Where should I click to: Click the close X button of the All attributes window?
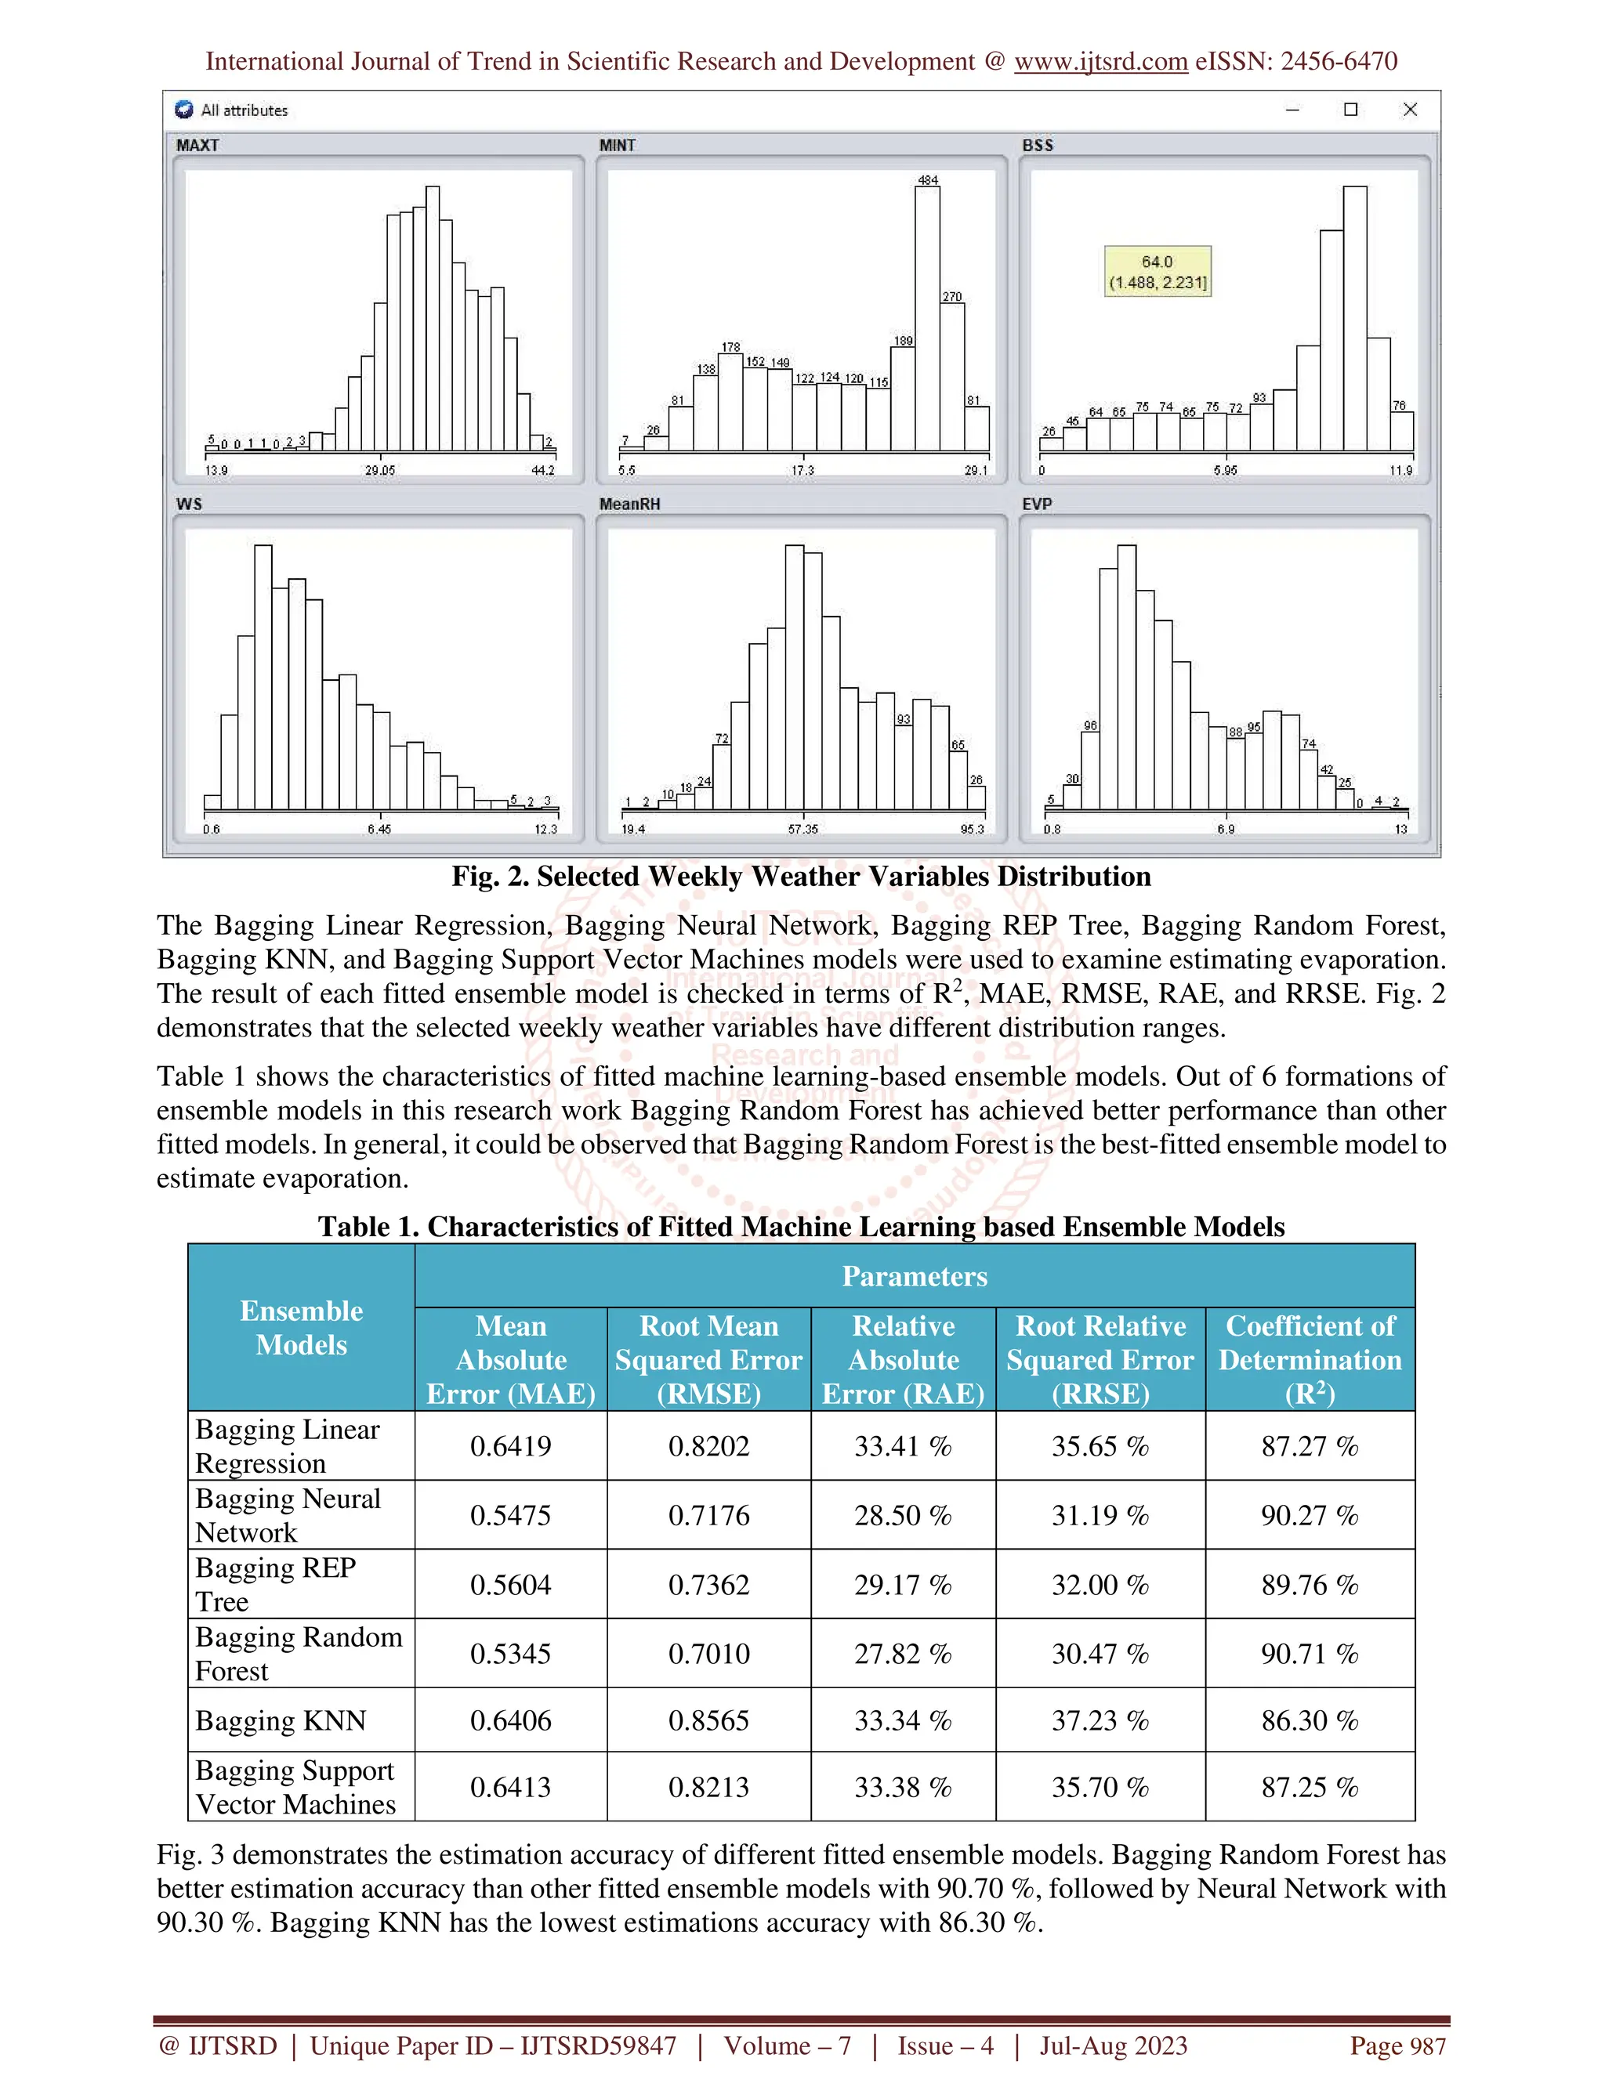click(x=1410, y=110)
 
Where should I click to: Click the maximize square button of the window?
click(x=1350, y=110)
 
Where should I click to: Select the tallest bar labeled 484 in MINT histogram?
click(x=927, y=318)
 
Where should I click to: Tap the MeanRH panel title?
click(x=629, y=504)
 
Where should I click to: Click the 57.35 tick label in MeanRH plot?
click(x=802, y=829)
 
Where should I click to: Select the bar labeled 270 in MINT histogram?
click(x=951, y=375)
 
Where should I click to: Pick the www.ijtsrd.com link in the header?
click(x=1100, y=62)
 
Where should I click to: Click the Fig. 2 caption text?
click(x=801, y=877)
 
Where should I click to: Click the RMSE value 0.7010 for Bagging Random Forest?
click(x=708, y=1653)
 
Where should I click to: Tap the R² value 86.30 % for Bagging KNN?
click(x=1310, y=1720)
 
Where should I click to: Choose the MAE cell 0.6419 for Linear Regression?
click(x=511, y=1446)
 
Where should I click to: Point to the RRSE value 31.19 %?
click(x=1100, y=1515)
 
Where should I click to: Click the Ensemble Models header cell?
click(x=302, y=1327)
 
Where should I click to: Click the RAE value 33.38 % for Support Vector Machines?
click(x=902, y=1787)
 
